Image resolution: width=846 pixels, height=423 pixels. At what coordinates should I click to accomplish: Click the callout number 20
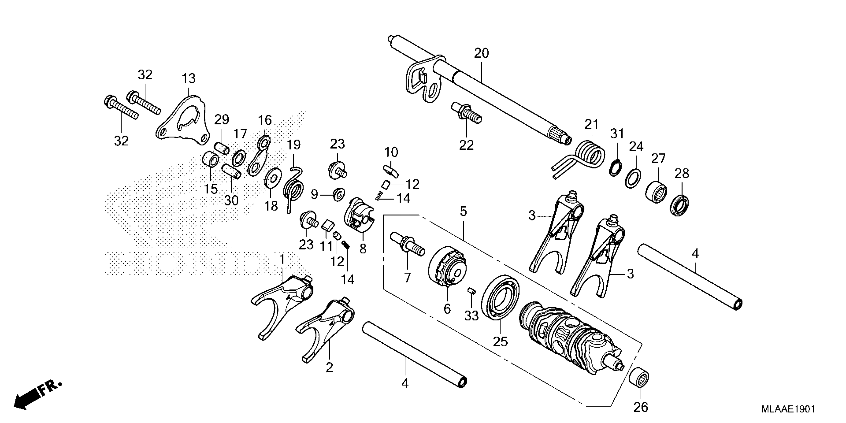pyautogui.click(x=481, y=53)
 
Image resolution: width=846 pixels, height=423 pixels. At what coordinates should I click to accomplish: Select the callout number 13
pyautogui.click(x=189, y=78)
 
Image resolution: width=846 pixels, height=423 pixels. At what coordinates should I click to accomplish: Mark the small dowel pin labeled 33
pyautogui.click(x=471, y=291)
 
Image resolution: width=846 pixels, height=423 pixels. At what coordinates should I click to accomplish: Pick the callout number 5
pyautogui.click(x=463, y=212)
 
